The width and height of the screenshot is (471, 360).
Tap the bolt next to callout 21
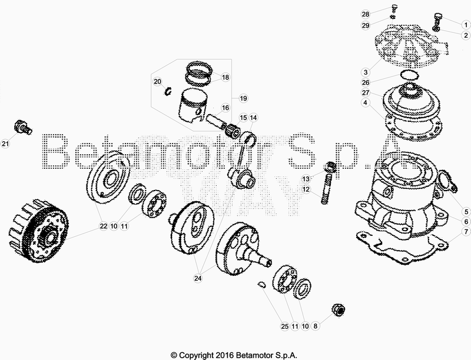click(22, 127)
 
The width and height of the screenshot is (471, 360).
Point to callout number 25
click(268, 325)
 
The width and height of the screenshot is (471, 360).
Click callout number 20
click(157, 81)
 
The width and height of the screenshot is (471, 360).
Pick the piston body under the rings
click(192, 106)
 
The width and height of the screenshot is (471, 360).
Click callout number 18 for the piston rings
click(225, 77)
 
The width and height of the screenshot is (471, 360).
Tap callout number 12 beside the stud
click(306, 189)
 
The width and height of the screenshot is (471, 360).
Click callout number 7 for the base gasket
click(465, 232)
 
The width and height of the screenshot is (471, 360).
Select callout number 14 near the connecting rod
click(254, 118)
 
